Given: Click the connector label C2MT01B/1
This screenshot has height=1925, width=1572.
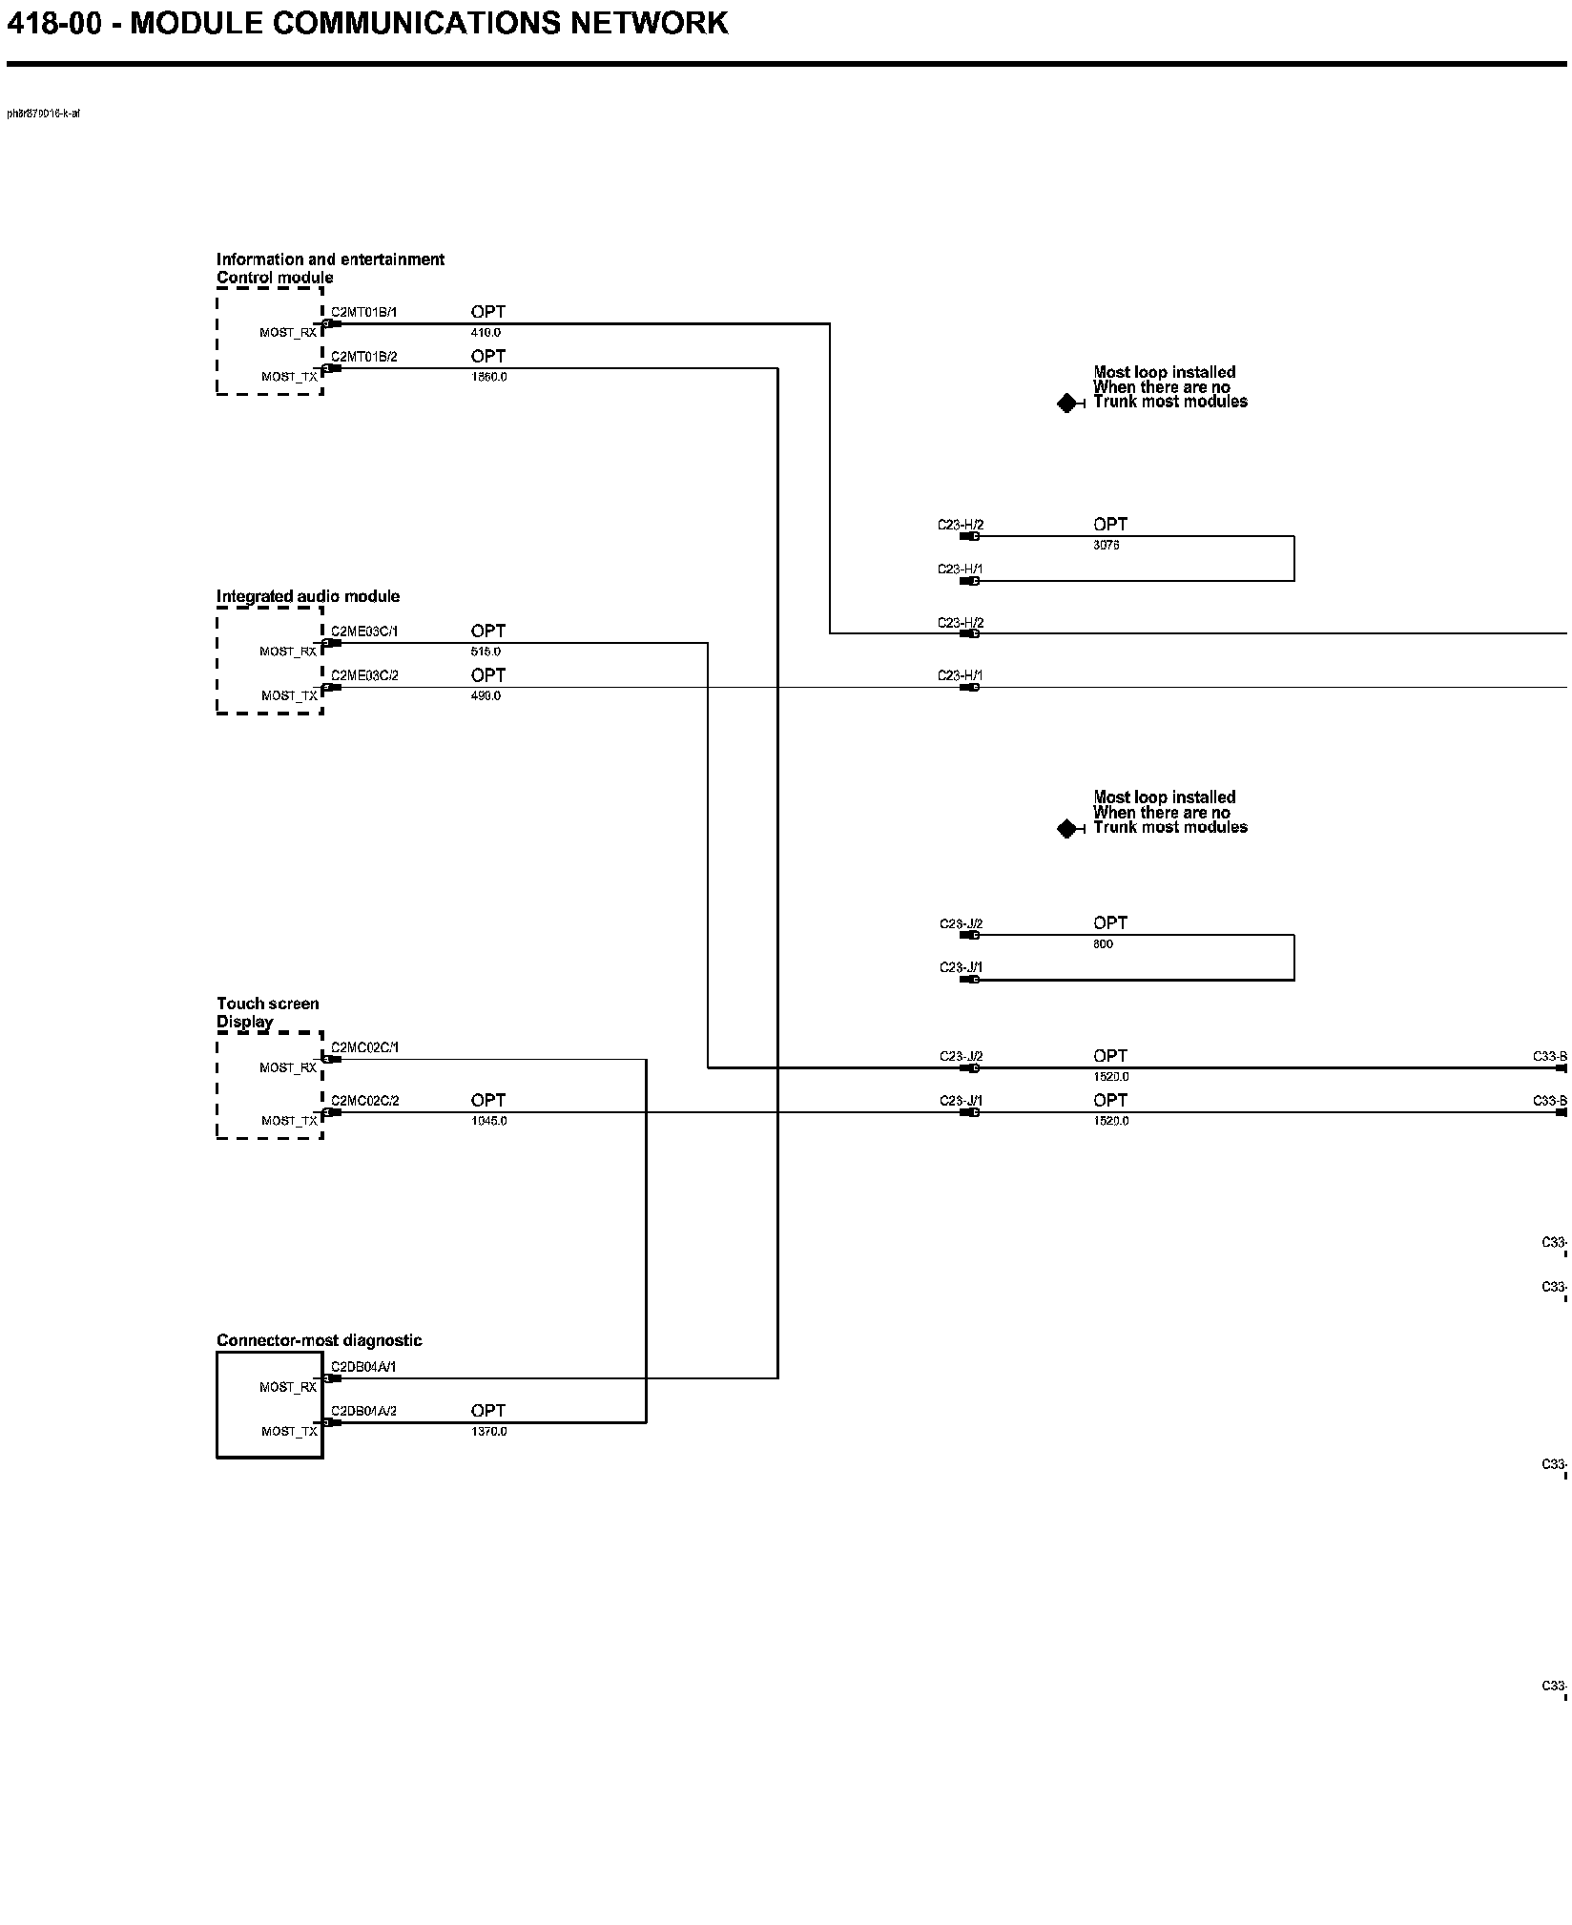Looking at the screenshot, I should pos(363,312).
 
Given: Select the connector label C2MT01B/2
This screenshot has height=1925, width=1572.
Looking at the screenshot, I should pos(363,357).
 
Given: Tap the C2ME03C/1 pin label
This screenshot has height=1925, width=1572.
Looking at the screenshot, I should pos(364,631).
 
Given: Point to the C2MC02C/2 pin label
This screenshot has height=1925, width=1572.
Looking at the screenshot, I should pos(364,1100).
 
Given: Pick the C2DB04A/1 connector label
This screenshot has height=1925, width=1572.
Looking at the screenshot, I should pos(363,1366).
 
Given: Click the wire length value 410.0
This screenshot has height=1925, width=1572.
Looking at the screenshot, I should pos(486,333).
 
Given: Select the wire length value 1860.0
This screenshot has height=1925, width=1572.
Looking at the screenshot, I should pos(488,377).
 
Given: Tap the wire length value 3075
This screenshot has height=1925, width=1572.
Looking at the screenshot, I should pos(1106,546).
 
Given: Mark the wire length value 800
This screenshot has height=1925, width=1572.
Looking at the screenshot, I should pos(1103,944).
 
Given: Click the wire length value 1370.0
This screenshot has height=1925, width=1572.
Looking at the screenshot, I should pos(488,1432).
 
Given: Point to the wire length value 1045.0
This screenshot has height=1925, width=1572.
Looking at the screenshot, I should pos(488,1121).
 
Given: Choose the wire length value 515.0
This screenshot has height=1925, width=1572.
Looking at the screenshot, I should pos(486,652).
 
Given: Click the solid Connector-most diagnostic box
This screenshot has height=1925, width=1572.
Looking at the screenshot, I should pos(270,1405).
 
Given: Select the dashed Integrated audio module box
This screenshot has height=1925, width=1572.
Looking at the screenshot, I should pos(270,660).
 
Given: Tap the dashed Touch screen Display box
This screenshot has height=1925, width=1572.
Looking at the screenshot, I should pos(270,1086).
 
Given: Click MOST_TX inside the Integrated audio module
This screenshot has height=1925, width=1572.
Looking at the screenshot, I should pos(289,696).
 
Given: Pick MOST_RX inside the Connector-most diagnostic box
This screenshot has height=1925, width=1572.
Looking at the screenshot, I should pos(288,1387).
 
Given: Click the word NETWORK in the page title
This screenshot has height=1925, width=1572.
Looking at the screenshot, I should pos(649,23).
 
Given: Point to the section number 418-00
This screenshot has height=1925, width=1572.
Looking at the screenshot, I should pos(53,23).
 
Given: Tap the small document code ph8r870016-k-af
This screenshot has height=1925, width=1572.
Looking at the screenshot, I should pos(44,114).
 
